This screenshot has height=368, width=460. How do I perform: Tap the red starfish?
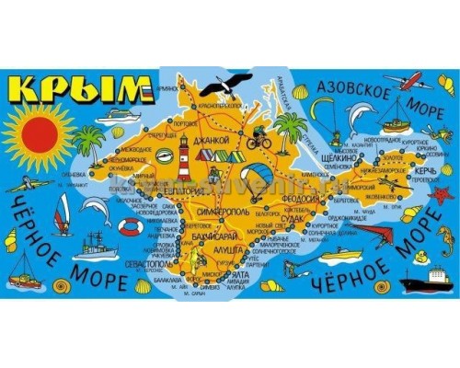[443, 195]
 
